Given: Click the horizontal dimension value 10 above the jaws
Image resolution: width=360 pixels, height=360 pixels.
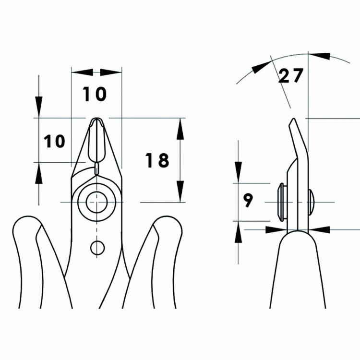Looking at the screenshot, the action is coord(95,94).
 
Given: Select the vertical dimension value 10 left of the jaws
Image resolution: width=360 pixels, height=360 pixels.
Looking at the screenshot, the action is coord(54,141).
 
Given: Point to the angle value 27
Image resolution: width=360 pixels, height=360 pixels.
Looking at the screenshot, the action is coord(291,75).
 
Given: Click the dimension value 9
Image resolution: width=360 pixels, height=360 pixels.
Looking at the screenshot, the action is coord(248,200).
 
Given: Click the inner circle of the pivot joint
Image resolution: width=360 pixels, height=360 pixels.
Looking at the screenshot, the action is coord(96,202).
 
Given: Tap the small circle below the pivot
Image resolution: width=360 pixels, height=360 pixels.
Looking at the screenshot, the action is coord(97,248).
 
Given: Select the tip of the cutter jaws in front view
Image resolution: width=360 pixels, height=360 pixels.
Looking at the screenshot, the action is coord(96,119).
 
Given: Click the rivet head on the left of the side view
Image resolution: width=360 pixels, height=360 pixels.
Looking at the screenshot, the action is coord(282,202).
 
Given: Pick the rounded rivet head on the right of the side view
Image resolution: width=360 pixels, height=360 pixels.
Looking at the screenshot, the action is coord(312,202).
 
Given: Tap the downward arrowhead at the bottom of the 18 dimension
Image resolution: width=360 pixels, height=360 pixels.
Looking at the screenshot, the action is coord(180,192).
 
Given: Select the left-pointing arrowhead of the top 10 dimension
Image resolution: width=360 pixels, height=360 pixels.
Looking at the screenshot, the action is coord(82,72).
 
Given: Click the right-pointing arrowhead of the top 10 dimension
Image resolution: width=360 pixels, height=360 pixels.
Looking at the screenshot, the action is coord(111,72).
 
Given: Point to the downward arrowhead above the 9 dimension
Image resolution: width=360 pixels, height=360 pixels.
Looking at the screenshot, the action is coord(238,173).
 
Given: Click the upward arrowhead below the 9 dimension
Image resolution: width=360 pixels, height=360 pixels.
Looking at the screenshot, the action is coord(238,232).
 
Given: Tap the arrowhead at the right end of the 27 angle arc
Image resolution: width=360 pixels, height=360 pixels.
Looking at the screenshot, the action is coord(320,56).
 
